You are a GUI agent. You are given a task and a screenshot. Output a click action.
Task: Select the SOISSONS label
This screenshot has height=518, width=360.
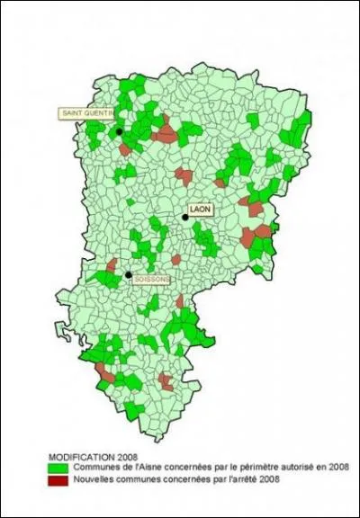click(x=151, y=280)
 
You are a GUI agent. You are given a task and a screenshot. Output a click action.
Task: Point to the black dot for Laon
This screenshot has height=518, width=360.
click(x=185, y=217)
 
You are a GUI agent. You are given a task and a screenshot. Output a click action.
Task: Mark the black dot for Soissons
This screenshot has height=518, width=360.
click(x=128, y=274)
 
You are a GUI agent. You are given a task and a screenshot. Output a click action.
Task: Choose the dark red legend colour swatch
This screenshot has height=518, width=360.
click(x=59, y=478)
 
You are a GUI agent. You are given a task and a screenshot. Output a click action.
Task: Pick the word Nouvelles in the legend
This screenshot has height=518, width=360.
click(x=92, y=478)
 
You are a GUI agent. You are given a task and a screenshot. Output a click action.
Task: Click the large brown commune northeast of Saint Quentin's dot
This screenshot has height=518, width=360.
click(x=166, y=134)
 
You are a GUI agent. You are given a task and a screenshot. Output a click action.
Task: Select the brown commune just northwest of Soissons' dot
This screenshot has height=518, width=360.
click(x=112, y=266)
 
